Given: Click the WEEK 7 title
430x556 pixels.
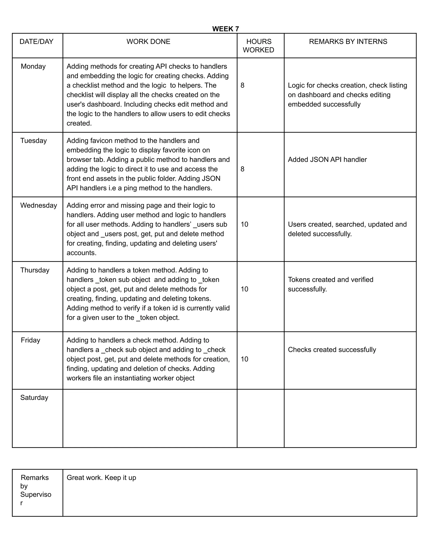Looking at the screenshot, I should point(225,29).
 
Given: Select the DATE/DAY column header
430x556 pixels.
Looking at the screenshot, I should point(36,42).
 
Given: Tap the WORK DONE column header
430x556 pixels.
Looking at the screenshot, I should point(148,42).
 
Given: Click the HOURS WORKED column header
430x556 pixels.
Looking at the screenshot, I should point(258,46).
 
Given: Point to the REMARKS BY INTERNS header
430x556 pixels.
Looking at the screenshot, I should point(348,42).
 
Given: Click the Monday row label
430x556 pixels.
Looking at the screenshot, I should point(33,67).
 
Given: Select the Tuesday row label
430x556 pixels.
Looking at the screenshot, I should point(33,141).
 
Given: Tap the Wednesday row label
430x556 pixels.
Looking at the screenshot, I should point(38,205).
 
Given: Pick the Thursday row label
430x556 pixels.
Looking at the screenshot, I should point(35,270).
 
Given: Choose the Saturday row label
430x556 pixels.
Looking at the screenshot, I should point(34,398).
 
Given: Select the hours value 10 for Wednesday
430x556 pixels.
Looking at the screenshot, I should point(244,224).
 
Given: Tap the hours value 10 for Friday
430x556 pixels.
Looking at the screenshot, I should point(244,359).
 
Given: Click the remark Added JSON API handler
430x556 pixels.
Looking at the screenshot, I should point(327,160).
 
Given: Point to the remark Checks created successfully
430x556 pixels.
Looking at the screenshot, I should point(332,350).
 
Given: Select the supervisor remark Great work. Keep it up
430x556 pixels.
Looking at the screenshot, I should point(101,478).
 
